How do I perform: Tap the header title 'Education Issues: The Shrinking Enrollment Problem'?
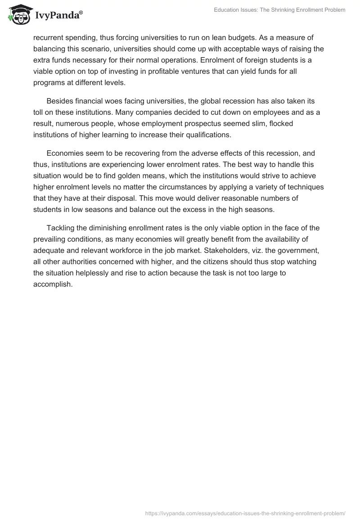tap(279, 10)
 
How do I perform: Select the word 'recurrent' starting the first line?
tap(49, 38)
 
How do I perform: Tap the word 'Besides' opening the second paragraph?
tap(59, 101)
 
